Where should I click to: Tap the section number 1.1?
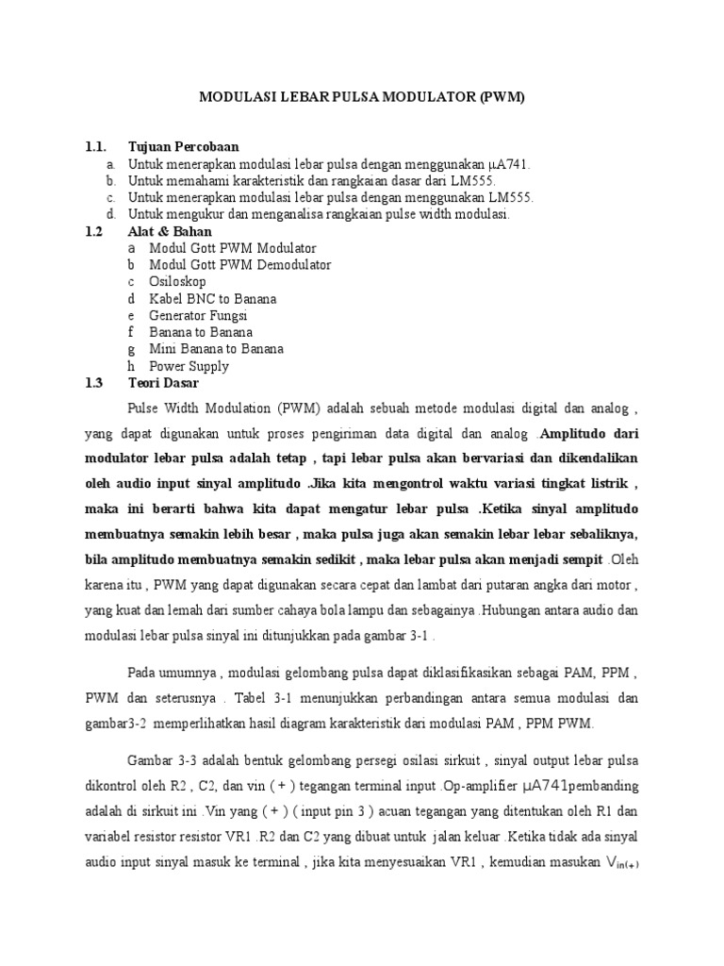pos(95,146)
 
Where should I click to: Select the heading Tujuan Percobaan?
pos(183,146)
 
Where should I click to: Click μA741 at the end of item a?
pos(512,163)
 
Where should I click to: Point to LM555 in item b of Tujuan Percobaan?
pos(475,180)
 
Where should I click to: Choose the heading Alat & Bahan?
pos(170,231)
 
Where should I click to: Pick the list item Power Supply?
pos(189,367)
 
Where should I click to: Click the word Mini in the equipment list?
pos(162,350)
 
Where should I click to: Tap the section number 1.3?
pos(93,384)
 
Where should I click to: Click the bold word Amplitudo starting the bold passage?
pos(575,435)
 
